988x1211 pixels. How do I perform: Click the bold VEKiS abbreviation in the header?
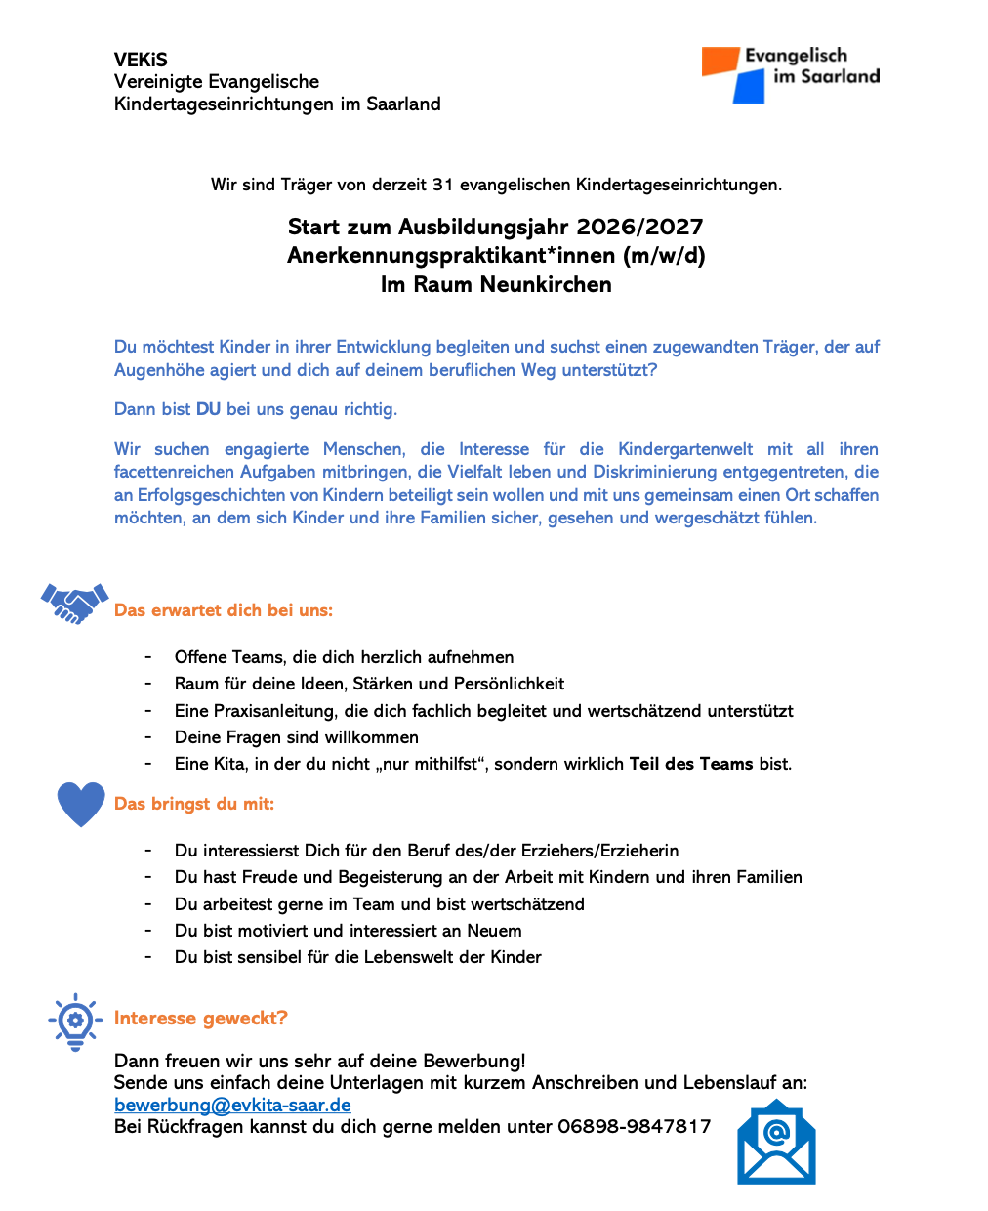coord(141,60)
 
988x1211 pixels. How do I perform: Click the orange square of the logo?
coord(720,62)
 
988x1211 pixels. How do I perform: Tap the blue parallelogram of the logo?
coord(749,87)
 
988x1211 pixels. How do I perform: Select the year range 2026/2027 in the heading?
coord(639,227)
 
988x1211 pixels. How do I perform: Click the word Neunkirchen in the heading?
coord(552,284)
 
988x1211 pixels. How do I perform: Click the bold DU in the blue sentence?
coord(208,409)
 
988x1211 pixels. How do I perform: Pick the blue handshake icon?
coord(74,603)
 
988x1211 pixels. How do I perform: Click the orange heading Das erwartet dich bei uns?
coord(224,610)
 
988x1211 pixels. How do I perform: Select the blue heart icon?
coord(80,804)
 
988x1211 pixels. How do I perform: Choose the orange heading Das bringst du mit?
coord(194,804)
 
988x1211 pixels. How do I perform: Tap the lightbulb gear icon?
coord(75,1021)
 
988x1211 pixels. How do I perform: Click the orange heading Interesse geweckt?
coord(200,1018)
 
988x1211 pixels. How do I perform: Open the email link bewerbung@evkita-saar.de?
coord(232,1105)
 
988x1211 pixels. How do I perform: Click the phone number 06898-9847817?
coord(634,1126)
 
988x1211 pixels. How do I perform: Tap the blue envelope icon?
coord(776,1143)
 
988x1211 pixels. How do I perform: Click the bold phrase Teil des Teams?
coord(691,764)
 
